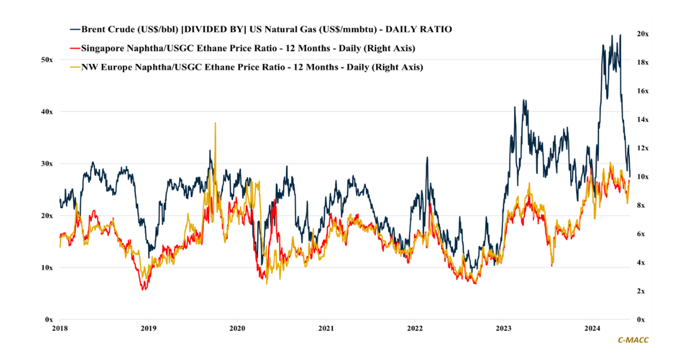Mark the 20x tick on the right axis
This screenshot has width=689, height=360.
(x=642, y=34)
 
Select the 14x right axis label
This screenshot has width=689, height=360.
(x=642, y=119)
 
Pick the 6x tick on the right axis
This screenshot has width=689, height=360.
(x=641, y=234)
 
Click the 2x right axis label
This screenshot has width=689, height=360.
(x=641, y=291)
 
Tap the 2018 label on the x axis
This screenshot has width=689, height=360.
(x=60, y=329)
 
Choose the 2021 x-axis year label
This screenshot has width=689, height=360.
(x=326, y=329)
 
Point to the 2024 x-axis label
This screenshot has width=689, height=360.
(x=592, y=329)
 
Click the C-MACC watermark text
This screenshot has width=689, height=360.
(x=633, y=340)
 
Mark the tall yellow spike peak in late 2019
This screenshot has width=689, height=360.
(x=215, y=123)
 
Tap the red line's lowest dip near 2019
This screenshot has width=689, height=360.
(x=144, y=289)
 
